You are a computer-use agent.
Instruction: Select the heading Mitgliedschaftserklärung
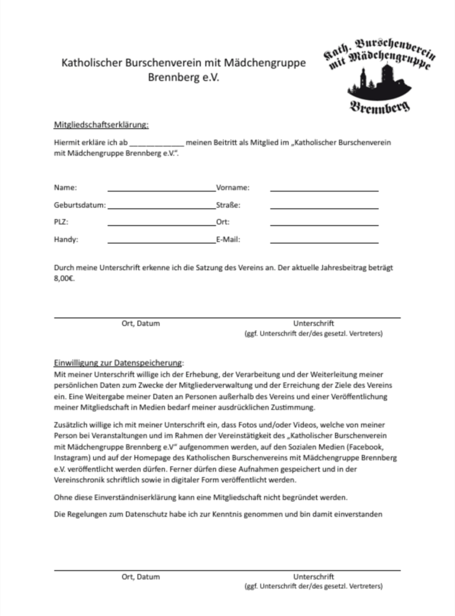[101, 125]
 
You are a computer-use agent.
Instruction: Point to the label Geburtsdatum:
[79, 205]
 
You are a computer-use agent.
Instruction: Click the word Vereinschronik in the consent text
[81, 483]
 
